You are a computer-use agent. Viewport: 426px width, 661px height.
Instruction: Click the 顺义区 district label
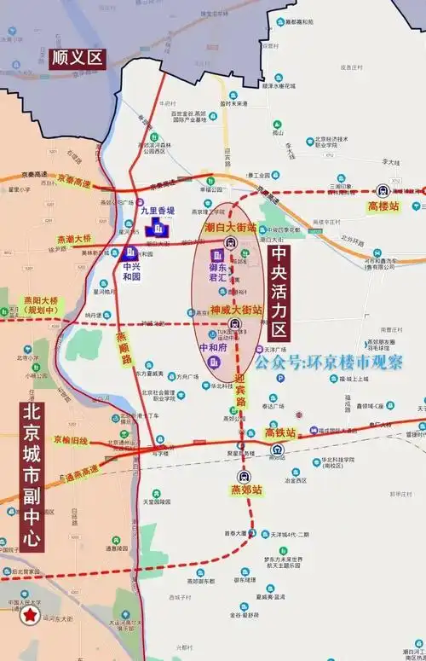[x=76, y=58]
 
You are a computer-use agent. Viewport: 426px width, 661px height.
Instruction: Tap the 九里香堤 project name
[x=158, y=211]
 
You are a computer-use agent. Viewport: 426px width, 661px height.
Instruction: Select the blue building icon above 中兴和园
[x=131, y=253]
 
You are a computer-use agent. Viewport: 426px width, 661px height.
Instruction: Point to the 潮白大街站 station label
[x=230, y=228]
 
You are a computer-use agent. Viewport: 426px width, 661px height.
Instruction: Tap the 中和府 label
[x=214, y=348]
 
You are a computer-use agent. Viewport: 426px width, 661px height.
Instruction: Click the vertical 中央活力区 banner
[x=279, y=293]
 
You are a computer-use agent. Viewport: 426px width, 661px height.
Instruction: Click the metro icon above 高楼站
[x=383, y=191]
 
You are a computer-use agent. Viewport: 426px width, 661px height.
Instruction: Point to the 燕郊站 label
[x=245, y=490]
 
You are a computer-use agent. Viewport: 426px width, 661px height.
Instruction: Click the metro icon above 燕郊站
[x=245, y=476]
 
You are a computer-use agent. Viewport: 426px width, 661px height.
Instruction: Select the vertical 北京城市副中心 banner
[x=33, y=476]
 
